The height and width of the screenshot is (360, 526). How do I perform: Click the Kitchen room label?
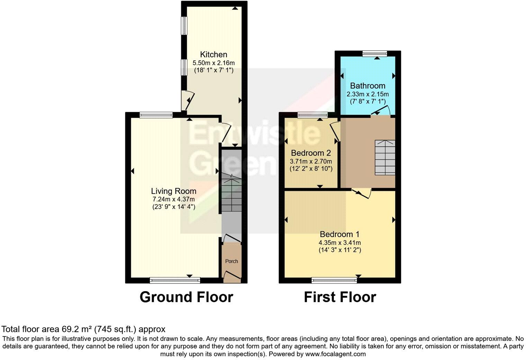[214, 54]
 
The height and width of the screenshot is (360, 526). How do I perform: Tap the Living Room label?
[173, 191]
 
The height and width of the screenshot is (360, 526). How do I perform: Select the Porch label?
[232, 261]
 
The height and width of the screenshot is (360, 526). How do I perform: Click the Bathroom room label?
[368, 85]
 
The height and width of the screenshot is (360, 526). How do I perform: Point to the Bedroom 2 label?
[311, 153]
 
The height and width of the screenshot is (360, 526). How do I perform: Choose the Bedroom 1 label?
[340, 234]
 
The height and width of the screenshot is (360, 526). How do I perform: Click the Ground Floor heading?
[186, 297]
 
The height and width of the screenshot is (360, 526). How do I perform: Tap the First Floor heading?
[340, 297]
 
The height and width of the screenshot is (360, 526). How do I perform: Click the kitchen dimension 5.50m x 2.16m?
[214, 63]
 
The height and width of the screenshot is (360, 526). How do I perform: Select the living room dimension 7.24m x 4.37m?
[173, 199]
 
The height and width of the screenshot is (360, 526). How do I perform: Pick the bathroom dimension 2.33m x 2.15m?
[368, 94]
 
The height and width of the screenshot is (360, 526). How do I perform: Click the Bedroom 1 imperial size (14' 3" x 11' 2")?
[340, 250]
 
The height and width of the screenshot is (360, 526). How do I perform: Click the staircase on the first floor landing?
[385, 157]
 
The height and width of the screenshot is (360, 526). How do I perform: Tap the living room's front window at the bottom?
[175, 280]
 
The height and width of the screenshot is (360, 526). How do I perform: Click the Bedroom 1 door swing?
[363, 194]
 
